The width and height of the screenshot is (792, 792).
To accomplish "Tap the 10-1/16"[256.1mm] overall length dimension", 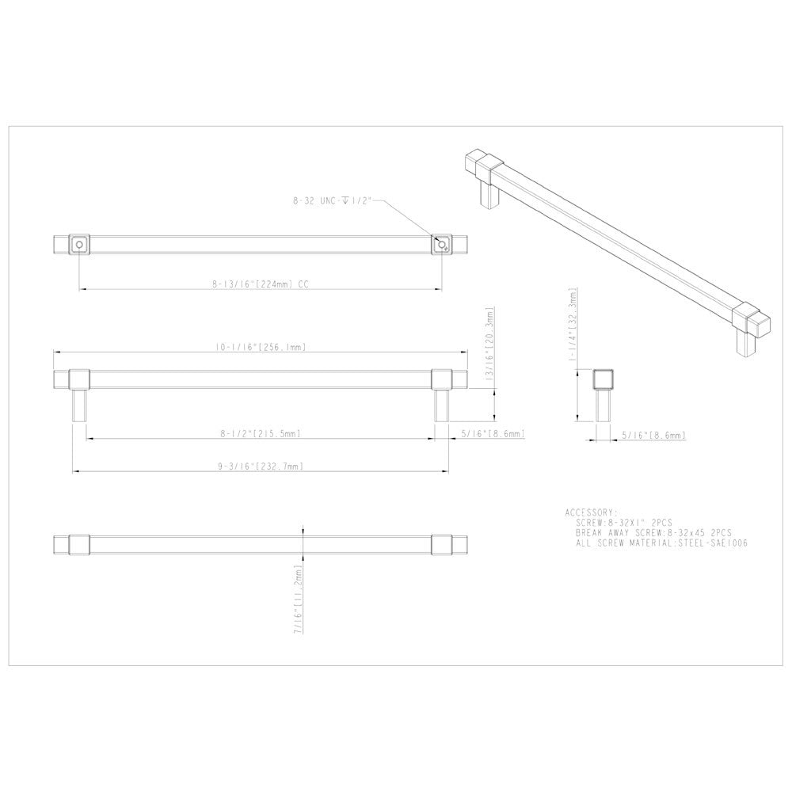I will [261, 346].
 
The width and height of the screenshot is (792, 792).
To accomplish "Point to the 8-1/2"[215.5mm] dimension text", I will [261, 433].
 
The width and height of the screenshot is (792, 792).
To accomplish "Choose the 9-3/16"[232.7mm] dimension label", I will [261, 467].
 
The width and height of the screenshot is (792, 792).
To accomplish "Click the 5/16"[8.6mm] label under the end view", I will [653, 435].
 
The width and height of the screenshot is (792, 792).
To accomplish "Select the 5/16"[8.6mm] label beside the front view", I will [493, 433].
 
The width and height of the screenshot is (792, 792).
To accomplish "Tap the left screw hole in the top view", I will [78, 245].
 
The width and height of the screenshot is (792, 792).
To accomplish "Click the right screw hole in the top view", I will [440, 245].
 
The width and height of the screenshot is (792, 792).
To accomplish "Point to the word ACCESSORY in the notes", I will [591, 512].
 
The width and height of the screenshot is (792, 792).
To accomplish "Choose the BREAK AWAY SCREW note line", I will [654, 534].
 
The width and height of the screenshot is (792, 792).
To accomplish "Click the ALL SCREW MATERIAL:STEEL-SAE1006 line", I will [662, 544].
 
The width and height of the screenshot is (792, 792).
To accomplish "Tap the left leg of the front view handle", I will [79, 406].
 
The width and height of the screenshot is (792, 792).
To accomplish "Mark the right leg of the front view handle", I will [441, 406].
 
